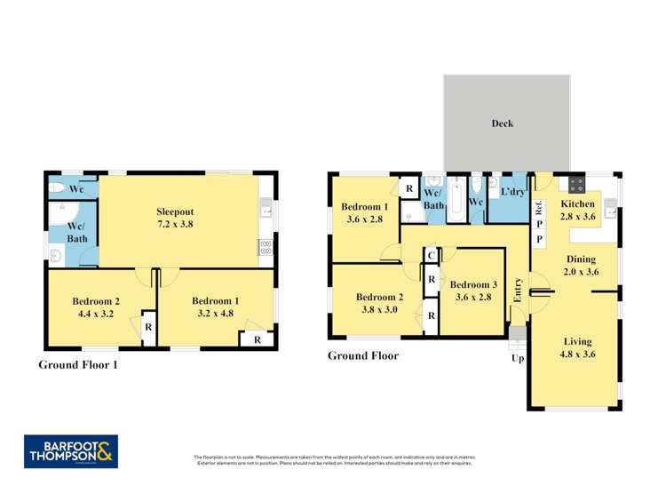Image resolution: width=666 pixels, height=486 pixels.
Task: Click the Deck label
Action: point(503,123)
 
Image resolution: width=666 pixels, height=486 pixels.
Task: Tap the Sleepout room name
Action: point(174,211)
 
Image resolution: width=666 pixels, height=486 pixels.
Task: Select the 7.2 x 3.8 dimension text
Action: point(174,225)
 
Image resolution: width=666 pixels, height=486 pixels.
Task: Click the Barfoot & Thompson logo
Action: point(71,452)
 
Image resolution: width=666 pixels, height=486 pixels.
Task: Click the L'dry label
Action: point(512,192)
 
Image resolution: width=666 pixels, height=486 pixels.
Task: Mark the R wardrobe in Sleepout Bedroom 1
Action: point(257,339)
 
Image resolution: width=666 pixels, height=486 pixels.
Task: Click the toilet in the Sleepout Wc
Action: point(57,188)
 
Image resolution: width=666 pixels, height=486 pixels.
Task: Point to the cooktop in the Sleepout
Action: point(265,248)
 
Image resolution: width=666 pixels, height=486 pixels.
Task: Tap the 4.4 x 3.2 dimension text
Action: point(96,314)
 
